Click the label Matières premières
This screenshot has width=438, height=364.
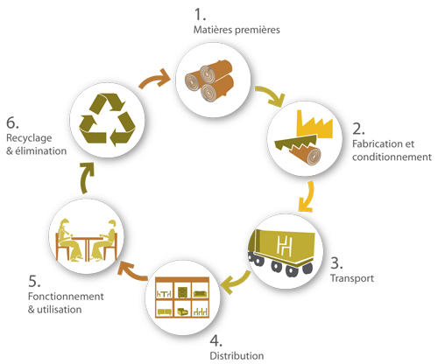point(237,30)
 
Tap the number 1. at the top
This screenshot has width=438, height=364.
point(200,14)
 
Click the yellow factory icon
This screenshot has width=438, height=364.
point(314,124)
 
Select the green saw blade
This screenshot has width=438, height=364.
point(295,142)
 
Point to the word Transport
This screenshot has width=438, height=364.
point(352,278)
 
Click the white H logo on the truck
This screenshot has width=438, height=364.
point(284,245)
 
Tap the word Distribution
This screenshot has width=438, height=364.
point(237,355)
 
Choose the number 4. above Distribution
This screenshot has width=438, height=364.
point(216,340)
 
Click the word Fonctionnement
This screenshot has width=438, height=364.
point(66,296)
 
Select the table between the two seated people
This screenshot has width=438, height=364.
point(87,248)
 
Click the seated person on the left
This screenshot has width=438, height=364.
point(68,240)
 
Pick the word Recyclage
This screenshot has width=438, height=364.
point(29,138)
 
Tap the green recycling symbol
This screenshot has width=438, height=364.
point(107,120)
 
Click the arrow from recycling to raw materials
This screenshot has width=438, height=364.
point(154,80)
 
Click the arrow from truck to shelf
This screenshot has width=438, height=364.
point(236,282)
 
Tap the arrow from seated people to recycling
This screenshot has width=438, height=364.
point(87,178)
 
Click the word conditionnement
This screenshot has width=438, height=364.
point(392,157)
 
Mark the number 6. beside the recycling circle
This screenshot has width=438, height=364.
point(13,122)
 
